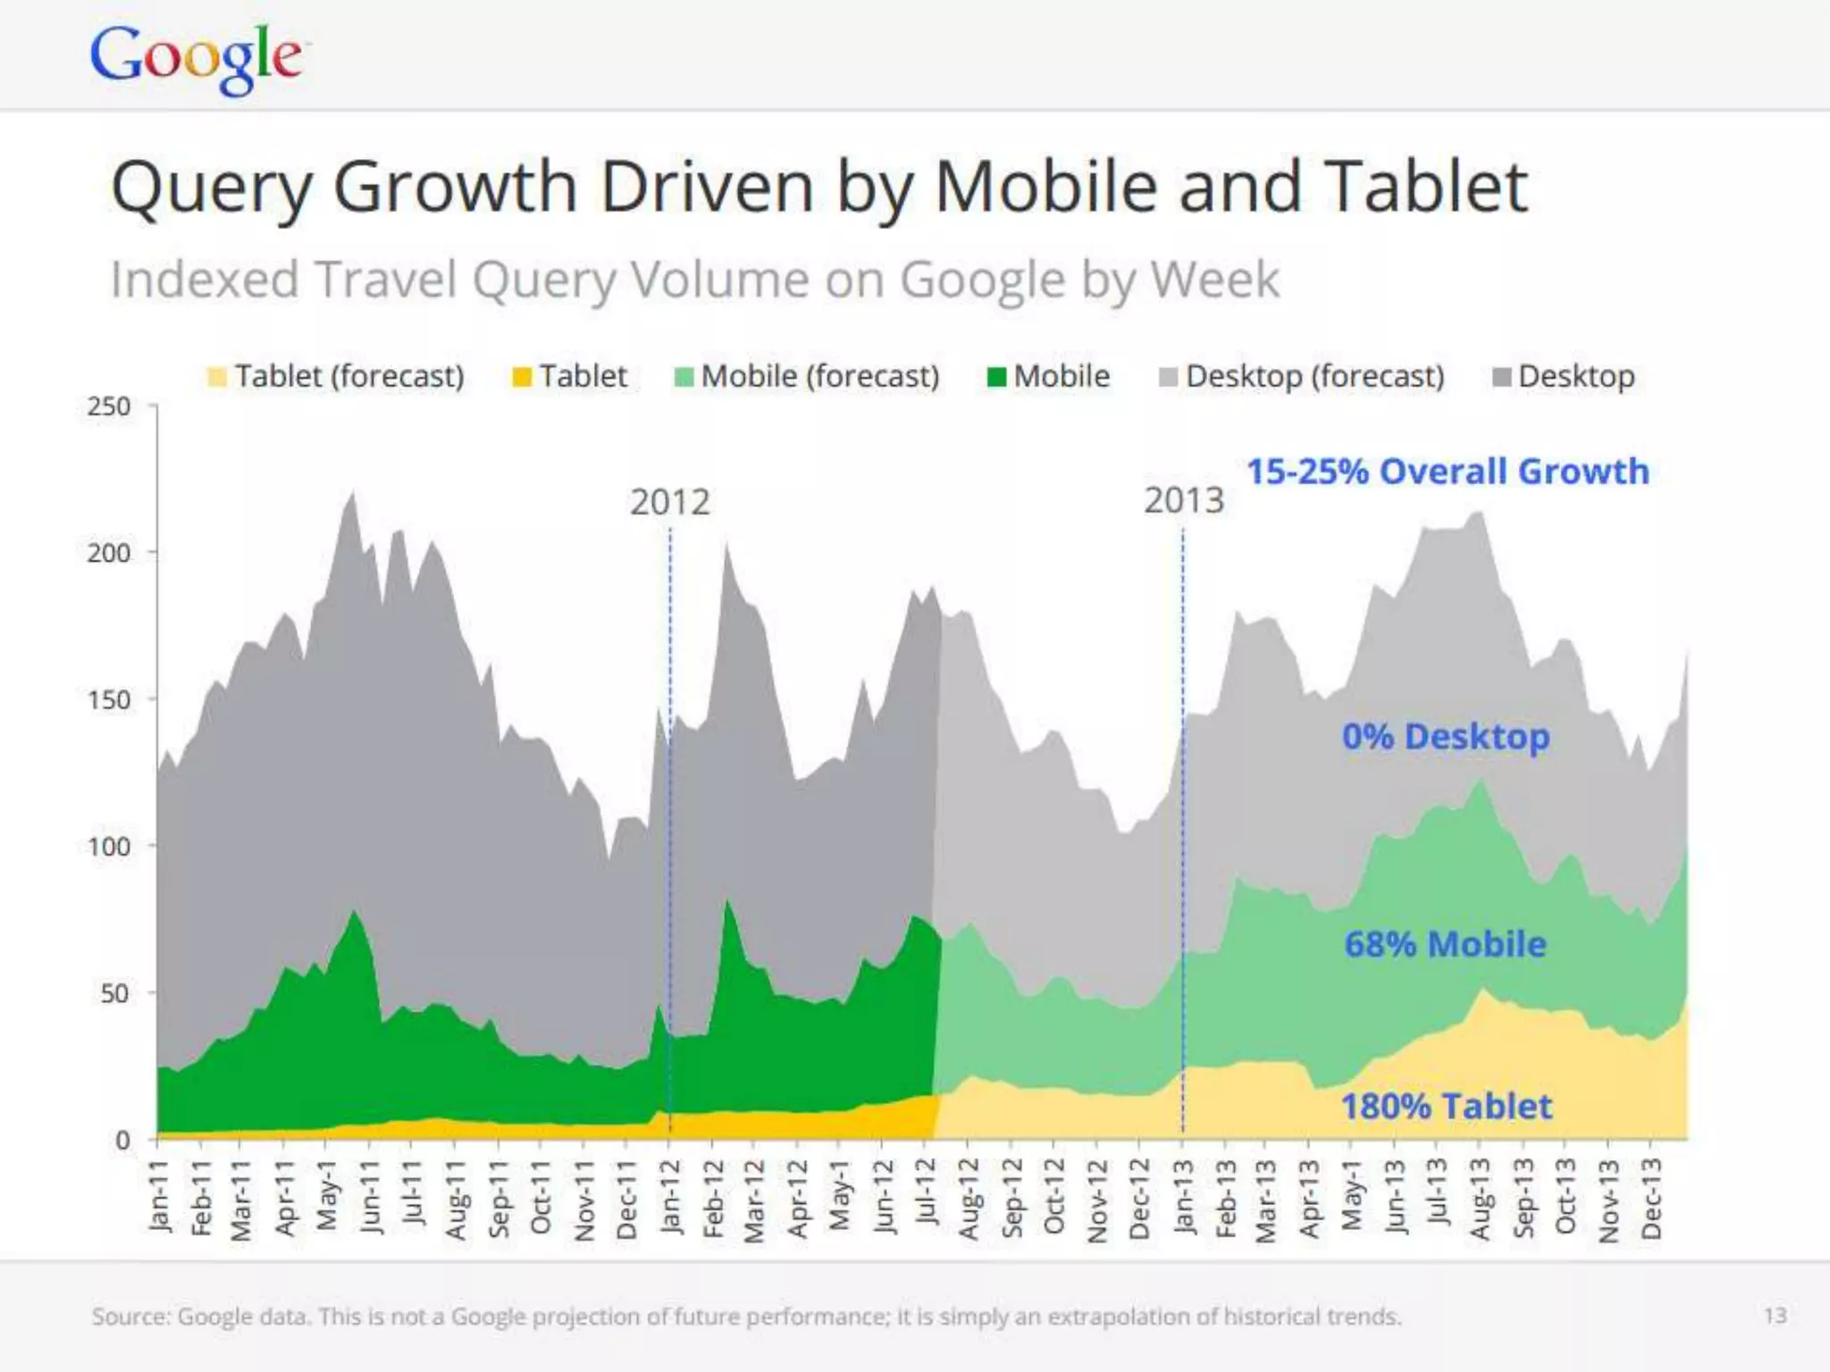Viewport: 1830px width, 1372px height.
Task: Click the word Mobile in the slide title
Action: tap(1045, 188)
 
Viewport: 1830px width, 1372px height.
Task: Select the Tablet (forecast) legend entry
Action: tap(336, 376)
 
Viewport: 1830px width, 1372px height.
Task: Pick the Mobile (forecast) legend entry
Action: tap(808, 376)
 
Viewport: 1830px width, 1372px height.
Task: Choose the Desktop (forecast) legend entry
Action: tap(1302, 376)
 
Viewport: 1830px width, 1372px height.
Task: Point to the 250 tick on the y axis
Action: tap(109, 406)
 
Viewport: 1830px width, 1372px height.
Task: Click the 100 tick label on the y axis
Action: tap(109, 846)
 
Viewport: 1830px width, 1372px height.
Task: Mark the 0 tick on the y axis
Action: tap(123, 1140)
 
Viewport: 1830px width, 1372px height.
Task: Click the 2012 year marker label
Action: tap(669, 502)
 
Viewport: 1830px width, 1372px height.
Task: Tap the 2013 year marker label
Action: tap(1184, 500)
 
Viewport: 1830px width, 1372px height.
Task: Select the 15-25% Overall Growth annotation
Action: tap(1448, 472)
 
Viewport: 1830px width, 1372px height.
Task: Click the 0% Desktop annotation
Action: tap(1446, 737)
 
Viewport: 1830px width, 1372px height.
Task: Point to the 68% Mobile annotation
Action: tap(1445, 944)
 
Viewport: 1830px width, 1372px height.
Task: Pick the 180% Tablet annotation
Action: tap(1447, 1107)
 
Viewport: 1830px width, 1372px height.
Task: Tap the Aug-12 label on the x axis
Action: tap(968, 1199)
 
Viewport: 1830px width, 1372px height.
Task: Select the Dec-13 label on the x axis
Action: tap(1651, 1199)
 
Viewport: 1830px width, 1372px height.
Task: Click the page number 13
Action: tap(1775, 1316)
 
